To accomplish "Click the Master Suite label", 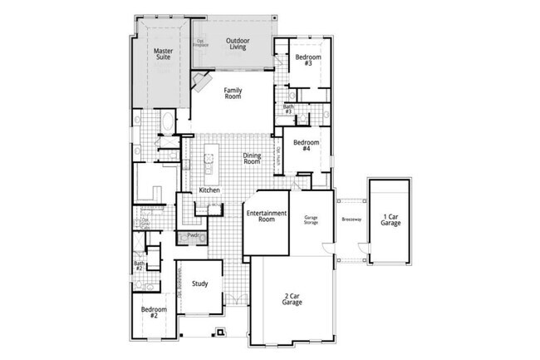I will point(163,56).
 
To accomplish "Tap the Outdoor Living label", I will point(238,42).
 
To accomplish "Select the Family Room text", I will point(233,93).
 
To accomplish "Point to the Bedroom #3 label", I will point(307,60).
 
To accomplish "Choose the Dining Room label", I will point(252,158).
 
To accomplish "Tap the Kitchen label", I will point(209,190).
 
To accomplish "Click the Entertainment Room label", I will point(266,216).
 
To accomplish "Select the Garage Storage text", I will point(311,219).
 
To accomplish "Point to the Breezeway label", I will point(351,219).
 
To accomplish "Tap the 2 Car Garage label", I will point(291,298).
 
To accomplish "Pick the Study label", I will point(199,284).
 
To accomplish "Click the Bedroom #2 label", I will point(155,313).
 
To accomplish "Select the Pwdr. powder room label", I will point(193,236).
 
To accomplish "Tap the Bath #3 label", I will point(288,109).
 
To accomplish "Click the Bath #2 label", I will point(140,266).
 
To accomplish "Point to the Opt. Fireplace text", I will point(202,42).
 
